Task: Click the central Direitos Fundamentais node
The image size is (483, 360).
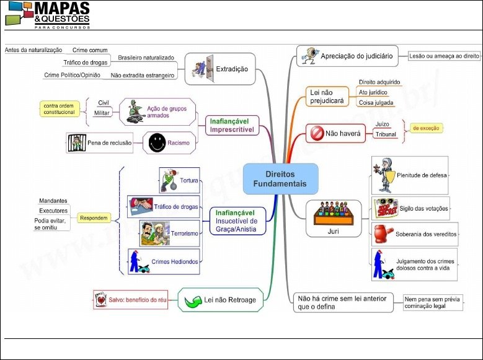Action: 280,178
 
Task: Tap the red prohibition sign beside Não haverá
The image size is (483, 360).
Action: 316,133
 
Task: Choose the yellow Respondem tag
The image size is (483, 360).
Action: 94,218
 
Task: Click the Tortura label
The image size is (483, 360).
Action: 190,181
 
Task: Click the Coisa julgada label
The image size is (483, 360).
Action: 376,102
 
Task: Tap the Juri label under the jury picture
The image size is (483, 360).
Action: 334,230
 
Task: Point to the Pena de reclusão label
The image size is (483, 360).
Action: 109,143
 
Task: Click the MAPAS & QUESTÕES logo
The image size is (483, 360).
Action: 48,14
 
